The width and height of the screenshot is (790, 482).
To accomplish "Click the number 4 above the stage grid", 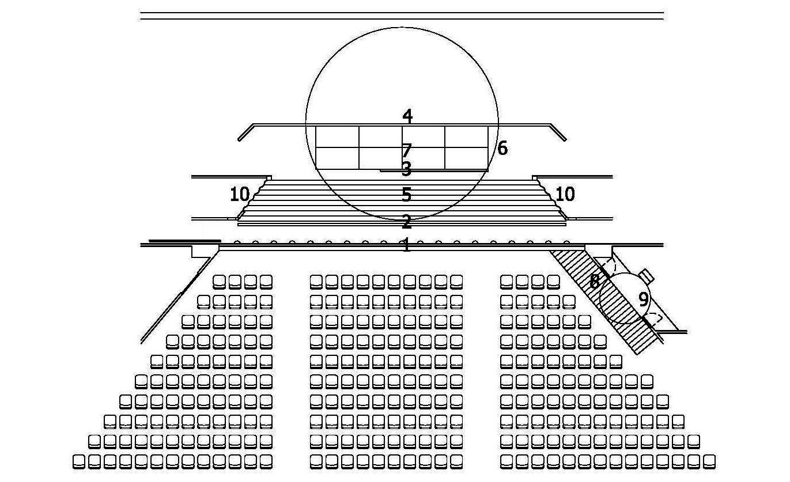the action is [407, 116].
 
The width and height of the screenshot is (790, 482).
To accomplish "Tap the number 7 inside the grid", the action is [407, 151].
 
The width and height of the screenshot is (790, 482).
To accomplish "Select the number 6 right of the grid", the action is [502, 149].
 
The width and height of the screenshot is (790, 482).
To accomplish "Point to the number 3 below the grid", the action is [406, 169].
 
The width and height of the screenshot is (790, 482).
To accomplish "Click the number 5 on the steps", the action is [407, 195].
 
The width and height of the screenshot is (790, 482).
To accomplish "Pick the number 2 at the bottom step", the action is [407, 222].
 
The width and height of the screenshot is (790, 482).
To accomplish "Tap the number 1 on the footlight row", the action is [407, 246].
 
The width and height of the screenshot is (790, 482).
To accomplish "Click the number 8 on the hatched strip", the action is [595, 282].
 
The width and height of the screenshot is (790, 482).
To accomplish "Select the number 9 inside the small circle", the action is [644, 299].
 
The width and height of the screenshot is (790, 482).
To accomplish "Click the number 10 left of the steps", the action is [239, 195].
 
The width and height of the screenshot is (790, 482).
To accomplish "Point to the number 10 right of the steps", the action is [565, 195].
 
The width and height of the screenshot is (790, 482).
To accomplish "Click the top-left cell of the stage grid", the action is [337, 136].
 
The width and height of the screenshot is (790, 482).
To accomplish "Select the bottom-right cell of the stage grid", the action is [466, 158].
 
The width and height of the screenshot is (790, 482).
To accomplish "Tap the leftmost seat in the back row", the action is [80, 461].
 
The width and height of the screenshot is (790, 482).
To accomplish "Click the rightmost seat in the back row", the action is [709, 461].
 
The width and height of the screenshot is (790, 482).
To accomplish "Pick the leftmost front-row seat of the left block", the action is [219, 282].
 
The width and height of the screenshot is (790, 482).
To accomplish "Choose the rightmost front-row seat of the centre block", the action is [456, 282].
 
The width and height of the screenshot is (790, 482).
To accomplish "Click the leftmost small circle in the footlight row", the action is [237, 243].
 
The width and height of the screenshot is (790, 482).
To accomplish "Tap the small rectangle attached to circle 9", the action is [647, 275].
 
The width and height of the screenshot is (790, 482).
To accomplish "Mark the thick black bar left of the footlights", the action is [184, 241].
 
